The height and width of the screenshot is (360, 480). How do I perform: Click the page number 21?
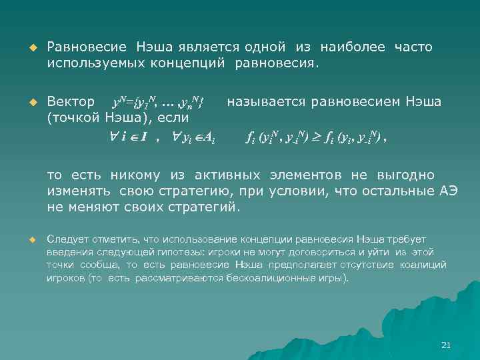[x=447, y=345]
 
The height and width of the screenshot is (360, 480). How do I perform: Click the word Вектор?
[x=71, y=102]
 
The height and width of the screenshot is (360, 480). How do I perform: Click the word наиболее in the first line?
[x=353, y=47]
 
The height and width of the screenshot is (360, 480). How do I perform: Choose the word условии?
[x=309, y=191]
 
